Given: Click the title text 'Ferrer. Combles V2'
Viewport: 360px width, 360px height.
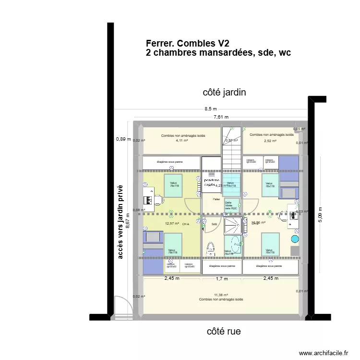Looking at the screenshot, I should point(187,44).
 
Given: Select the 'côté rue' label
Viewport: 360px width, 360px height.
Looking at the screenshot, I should point(224,331).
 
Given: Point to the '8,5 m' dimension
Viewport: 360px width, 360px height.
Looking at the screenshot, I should point(211,109).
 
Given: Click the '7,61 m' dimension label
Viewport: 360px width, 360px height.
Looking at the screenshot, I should point(221,117).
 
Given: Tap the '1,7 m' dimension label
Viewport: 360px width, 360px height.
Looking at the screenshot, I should point(222,278).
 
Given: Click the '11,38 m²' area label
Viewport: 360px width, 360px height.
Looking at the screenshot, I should point(221,295).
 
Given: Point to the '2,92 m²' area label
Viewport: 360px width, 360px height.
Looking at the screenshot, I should point(270,141).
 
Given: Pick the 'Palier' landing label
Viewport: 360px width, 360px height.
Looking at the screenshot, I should point(216,198).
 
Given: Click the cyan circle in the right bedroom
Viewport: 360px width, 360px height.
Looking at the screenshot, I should point(295,239).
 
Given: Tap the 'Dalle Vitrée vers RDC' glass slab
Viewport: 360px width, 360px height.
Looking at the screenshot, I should point(231,205).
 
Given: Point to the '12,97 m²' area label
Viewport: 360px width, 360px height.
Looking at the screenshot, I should point(172,223).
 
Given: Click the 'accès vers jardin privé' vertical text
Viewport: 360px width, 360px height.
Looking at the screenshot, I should point(120,222).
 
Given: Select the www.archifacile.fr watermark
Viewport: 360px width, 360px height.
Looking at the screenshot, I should point(324,353).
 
